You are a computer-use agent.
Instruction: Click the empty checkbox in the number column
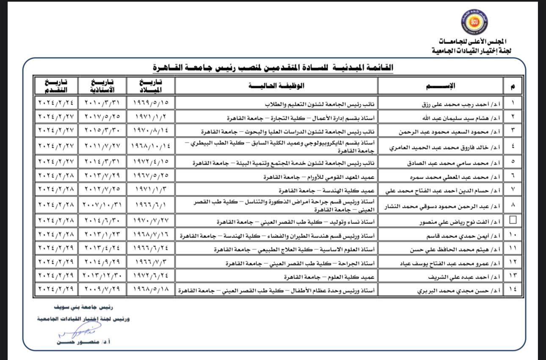[513, 220]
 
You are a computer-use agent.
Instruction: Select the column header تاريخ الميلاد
[150, 86]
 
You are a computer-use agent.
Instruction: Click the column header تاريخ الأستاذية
[102, 86]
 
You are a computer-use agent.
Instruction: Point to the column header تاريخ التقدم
[55, 86]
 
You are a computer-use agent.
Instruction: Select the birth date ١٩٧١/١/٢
[150, 117]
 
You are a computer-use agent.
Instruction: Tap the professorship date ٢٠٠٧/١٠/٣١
[102, 205]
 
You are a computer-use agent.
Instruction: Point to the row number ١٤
[513, 290]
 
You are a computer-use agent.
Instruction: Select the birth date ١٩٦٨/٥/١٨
[150, 290]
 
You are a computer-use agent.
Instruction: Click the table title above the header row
[273, 67]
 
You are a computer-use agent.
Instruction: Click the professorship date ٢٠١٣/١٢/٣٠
[102, 276]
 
